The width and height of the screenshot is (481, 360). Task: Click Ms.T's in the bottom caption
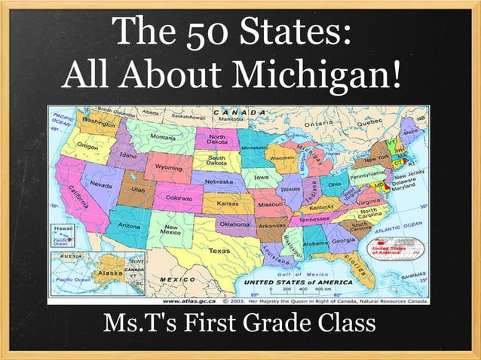[133, 325]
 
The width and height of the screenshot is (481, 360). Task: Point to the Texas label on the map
[219, 251]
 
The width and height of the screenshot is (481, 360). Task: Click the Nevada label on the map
[101, 184]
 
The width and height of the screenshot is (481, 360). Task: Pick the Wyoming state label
[167, 166]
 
